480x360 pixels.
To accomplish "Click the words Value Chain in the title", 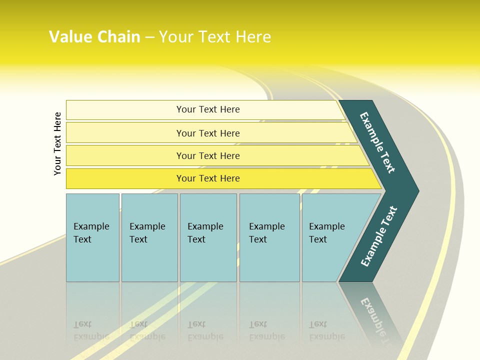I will coord(94,37).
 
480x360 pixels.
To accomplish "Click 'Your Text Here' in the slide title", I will coord(215,37).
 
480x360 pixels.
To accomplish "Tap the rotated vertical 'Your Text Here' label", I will coord(57,143).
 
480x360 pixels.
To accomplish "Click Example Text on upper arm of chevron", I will coord(377,142).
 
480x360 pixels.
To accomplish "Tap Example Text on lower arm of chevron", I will coord(378,236).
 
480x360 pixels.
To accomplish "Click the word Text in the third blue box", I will coord(196,239).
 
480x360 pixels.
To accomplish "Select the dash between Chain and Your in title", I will coord(149,37).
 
